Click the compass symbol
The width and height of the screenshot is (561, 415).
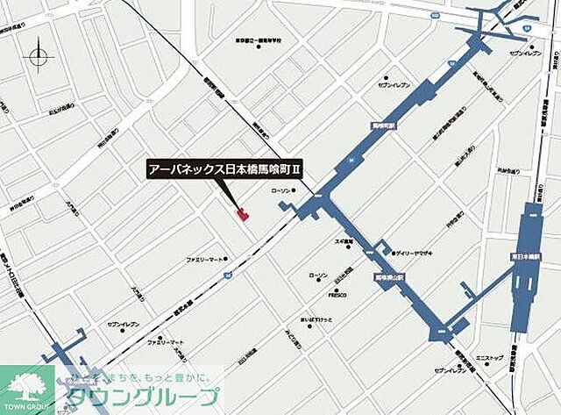(x=40, y=59)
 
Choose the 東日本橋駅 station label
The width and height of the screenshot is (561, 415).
(x=524, y=257)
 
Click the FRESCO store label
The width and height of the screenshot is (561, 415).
(x=337, y=295)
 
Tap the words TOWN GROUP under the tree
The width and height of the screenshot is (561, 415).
(x=27, y=404)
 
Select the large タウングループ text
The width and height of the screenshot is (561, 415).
(x=138, y=393)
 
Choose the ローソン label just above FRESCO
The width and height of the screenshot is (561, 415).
(x=317, y=275)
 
